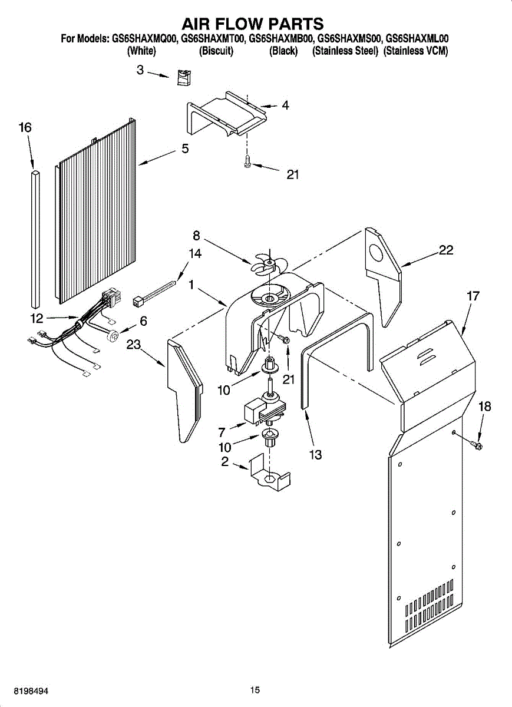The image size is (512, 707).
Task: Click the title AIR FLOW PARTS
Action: (252, 24)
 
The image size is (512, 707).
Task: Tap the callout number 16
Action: (25, 128)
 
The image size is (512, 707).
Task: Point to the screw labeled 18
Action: (476, 444)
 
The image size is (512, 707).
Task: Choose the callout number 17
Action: (473, 296)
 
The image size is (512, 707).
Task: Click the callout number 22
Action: (446, 250)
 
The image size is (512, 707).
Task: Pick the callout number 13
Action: (315, 455)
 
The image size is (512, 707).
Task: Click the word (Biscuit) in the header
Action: (216, 51)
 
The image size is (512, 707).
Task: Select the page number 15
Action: (255, 690)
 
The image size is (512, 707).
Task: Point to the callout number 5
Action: (185, 149)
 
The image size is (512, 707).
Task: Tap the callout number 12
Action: (37, 319)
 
